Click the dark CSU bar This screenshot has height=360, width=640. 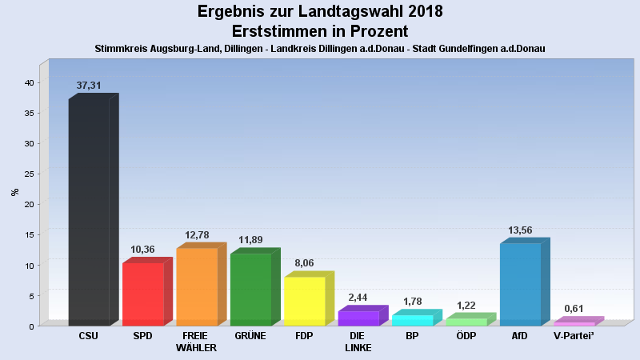click(89, 212)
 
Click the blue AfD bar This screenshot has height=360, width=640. click(520, 284)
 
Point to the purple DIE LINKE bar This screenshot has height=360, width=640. click(358, 318)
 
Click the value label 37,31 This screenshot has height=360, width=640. click(89, 86)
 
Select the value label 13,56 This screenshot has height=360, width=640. click(520, 230)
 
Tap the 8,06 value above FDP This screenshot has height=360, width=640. click(304, 263)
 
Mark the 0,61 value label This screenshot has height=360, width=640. click(574, 309)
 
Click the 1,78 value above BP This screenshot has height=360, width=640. click(412, 302)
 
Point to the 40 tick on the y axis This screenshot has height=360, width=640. click(28, 82)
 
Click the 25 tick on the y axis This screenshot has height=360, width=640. click(28, 174)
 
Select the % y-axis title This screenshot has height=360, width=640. click(14, 192)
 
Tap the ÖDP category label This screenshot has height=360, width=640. click(466, 336)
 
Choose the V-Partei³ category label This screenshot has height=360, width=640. click(574, 336)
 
